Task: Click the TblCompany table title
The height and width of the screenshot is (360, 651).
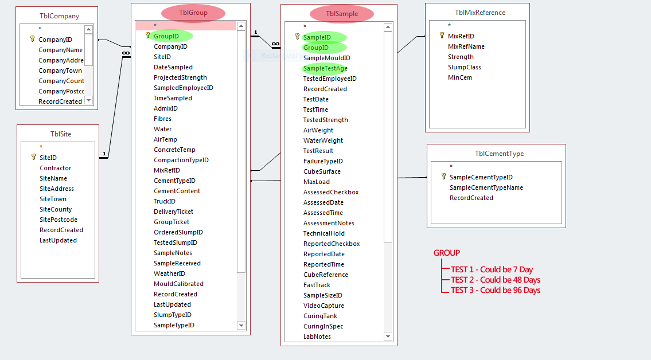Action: pyautogui.click(x=56, y=16)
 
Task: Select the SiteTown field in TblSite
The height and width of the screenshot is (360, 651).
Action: pyautogui.click(x=53, y=199)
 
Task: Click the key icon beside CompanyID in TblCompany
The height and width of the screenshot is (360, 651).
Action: pyautogui.click(x=33, y=40)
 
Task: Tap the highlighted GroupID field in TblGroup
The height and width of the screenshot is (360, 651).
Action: pyautogui.click(x=166, y=36)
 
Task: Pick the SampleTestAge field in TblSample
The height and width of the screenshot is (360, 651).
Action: pyautogui.click(x=325, y=68)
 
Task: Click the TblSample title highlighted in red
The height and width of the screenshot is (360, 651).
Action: pyautogui.click(x=342, y=14)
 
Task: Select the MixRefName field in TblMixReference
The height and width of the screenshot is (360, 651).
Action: pyautogui.click(x=466, y=46)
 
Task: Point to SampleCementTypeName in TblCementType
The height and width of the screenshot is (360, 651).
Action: pyautogui.click(x=486, y=187)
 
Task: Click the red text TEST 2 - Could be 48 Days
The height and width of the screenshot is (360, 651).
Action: pyautogui.click(x=495, y=280)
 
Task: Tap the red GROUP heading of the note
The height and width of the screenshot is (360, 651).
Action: pyautogui.click(x=446, y=253)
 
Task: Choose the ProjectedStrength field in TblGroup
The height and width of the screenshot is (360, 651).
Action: pyautogui.click(x=180, y=77)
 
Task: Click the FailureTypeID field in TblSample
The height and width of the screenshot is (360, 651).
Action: pyautogui.click(x=322, y=161)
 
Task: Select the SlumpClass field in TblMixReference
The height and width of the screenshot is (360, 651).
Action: pyautogui.click(x=464, y=67)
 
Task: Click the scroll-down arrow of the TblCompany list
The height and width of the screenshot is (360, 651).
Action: pyautogui.click(x=88, y=100)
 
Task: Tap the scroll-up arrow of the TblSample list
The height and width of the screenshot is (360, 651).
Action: pyautogui.click(x=388, y=27)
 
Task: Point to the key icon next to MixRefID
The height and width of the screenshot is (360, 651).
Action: pyautogui.click(x=442, y=36)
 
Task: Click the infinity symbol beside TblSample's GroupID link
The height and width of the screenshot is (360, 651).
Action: pyautogui.click(x=275, y=44)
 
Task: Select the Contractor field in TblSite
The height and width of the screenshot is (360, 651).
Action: pyautogui.click(x=55, y=168)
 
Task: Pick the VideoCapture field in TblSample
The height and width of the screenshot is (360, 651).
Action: pyautogui.click(x=324, y=306)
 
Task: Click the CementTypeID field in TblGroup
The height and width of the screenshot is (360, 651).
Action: pyautogui.click(x=174, y=181)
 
